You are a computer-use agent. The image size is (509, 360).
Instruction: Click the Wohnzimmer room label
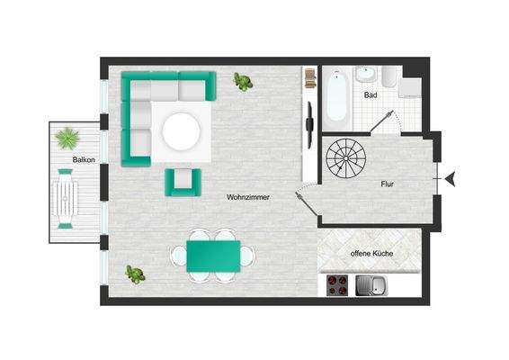click(245, 197)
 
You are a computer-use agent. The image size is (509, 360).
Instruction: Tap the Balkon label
click(85, 160)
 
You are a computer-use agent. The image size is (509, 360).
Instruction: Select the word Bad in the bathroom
click(371, 94)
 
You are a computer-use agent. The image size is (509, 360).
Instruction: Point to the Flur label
click(388, 184)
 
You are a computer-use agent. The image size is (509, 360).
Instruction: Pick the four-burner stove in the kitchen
click(339, 285)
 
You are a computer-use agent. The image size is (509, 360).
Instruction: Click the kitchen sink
click(371, 286)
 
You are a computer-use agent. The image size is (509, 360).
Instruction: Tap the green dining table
click(213, 255)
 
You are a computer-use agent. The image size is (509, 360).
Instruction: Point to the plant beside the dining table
click(135, 274)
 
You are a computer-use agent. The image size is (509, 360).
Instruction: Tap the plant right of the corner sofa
click(243, 82)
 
